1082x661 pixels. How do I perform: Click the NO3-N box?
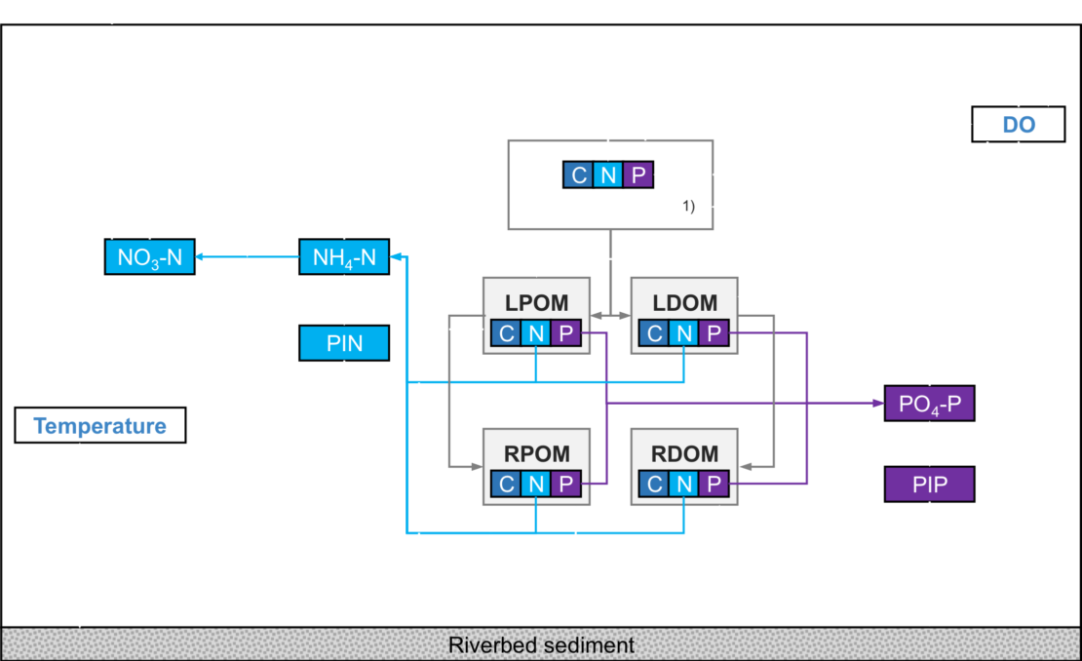[149, 256]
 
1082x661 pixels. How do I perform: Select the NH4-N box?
[344, 257]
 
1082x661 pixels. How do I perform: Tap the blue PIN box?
[344, 343]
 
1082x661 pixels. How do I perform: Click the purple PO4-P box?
[929, 403]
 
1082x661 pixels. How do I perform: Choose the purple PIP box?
[929, 484]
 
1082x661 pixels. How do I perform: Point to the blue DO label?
[1019, 126]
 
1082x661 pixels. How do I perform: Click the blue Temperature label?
[99, 426]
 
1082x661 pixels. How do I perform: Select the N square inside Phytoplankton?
[608, 175]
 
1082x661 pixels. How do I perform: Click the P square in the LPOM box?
[565, 333]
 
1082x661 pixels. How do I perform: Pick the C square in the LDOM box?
[654, 333]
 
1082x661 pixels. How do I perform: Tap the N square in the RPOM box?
[535, 483]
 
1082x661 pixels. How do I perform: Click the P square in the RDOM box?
[714, 483]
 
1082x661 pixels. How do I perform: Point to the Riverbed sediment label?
[541, 645]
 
